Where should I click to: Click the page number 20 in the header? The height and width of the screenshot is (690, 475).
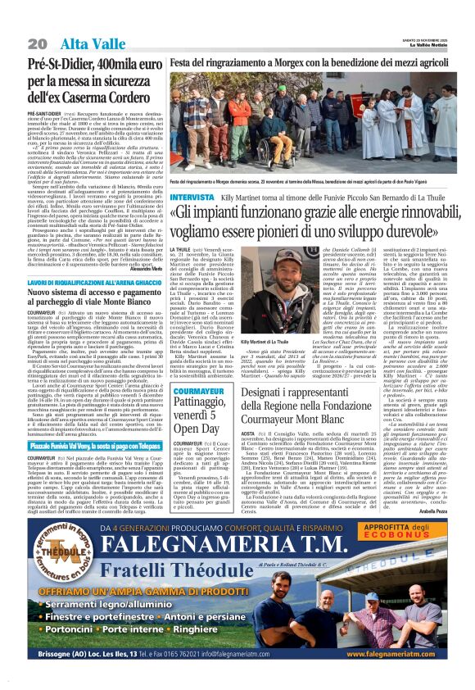pyautogui.click(x=37, y=43)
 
